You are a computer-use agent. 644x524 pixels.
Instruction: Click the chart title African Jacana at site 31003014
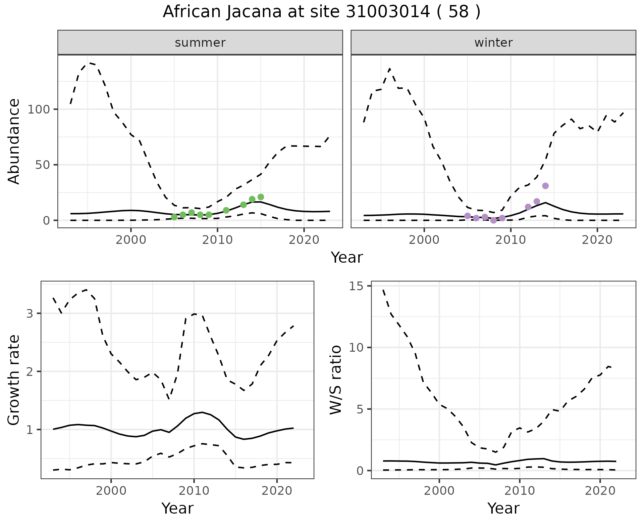321,12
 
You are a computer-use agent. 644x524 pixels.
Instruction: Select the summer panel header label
200,43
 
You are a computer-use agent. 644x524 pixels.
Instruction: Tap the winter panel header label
493,43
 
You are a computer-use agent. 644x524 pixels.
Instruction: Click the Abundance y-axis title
14,141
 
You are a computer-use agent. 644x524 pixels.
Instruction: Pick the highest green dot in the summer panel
261,197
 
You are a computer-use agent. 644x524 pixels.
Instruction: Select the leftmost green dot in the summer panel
174,217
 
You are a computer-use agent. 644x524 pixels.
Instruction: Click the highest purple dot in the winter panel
545,186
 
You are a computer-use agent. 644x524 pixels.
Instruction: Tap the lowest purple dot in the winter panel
493,220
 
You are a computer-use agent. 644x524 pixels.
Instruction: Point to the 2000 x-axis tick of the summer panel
131,240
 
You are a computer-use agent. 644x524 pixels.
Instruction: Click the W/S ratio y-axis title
335,380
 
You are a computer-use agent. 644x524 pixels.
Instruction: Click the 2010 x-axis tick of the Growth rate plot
194,491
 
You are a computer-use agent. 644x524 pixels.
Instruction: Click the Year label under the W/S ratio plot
503,509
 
